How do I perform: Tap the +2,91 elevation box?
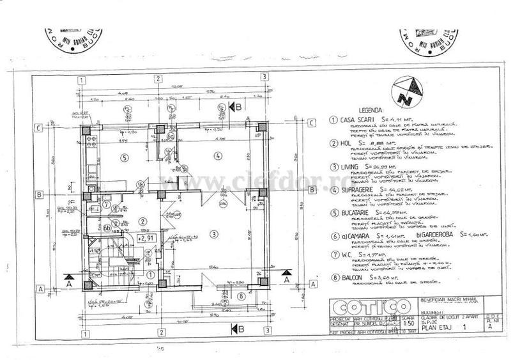click(x=148, y=237)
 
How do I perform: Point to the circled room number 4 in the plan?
click(x=217, y=155)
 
